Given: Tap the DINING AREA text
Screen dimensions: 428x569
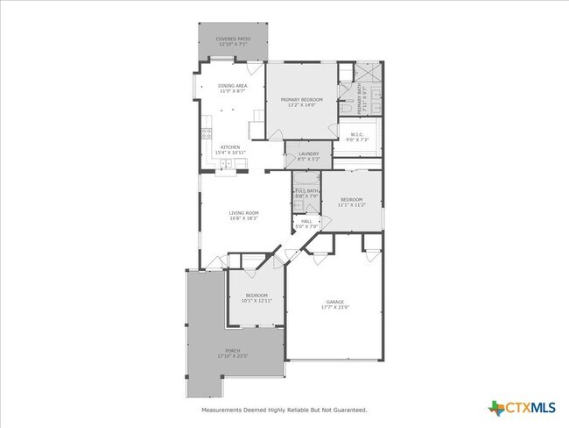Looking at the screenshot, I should pos(232,86).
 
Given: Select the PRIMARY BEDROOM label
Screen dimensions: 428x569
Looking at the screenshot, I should pos(301,100).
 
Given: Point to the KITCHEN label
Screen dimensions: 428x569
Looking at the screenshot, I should pos(230,146).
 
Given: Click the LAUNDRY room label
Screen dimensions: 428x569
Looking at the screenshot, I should pos(308,154).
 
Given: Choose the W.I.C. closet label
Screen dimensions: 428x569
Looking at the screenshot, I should pos(357,134).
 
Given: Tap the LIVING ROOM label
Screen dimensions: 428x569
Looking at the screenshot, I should pos(243,213).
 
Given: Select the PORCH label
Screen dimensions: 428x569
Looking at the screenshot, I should pos(232,351).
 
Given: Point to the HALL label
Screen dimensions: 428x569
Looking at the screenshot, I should pos(306,221).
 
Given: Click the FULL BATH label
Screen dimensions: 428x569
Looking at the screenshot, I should pos(306,190).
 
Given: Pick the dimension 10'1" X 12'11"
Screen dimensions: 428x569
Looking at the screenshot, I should pos(256,300).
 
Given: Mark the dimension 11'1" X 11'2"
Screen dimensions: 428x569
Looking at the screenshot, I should pos(352,204).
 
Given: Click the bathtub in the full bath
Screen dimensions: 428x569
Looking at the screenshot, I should pos(306,177).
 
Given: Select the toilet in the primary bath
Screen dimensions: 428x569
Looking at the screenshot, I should pos(346,108).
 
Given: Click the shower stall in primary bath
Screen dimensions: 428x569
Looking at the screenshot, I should pos(370,72).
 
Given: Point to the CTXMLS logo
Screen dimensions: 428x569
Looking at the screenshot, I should pos(523,407).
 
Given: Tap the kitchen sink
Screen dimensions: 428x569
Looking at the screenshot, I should pos(226,165).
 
